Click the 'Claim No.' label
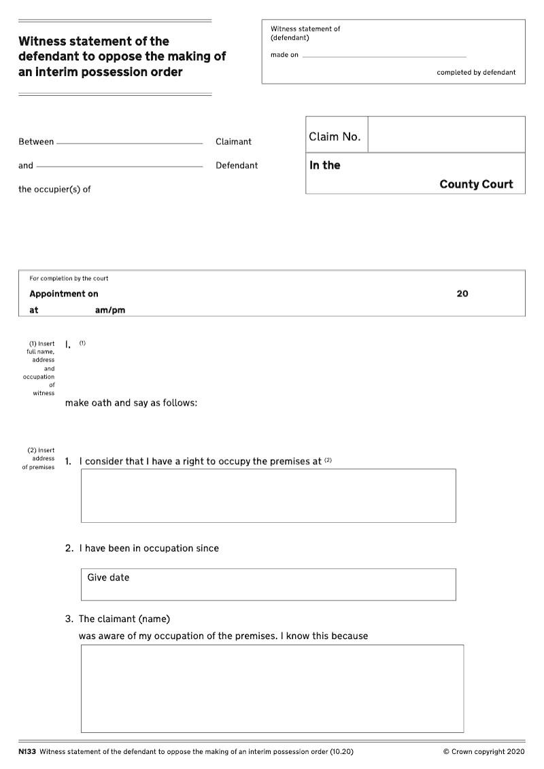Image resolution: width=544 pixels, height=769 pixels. pyautogui.click(x=335, y=137)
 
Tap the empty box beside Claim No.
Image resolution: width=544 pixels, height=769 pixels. pyautogui.click(x=446, y=135)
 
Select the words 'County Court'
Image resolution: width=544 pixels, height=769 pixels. pyautogui.click(x=476, y=184)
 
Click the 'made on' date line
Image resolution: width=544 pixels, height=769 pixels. pyautogui.click(x=384, y=56)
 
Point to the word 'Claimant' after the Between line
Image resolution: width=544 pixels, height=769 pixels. pyautogui.click(x=233, y=141)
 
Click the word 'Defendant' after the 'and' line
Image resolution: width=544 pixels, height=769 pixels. pyautogui.click(x=237, y=165)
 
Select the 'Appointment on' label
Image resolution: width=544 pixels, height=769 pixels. pyautogui.click(x=64, y=294)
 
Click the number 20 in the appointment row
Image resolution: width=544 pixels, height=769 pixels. pyautogui.click(x=462, y=294)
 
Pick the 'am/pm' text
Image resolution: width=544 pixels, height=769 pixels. pyautogui.click(x=110, y=310)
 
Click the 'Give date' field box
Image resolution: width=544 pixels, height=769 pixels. pyautogui.click(x=268, y=584)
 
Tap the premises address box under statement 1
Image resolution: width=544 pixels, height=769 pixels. pyautogui.click(x=268, y=495)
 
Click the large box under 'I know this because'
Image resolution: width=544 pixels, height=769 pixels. pyautogui.click(x=272, y=688)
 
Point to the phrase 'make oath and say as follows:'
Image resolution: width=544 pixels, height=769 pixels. pyautogui.click(x=131, y=403)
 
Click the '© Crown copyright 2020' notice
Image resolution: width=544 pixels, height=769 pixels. pyautogui.click(x=483, y=751)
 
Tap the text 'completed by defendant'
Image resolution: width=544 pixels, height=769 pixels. pyautogui.click(x=476, y=72)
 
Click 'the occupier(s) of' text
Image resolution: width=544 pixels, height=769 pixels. pyautogui.click(x=54, y=189)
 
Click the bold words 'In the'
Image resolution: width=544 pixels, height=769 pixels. pyautogui.click(x=325, y=165)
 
